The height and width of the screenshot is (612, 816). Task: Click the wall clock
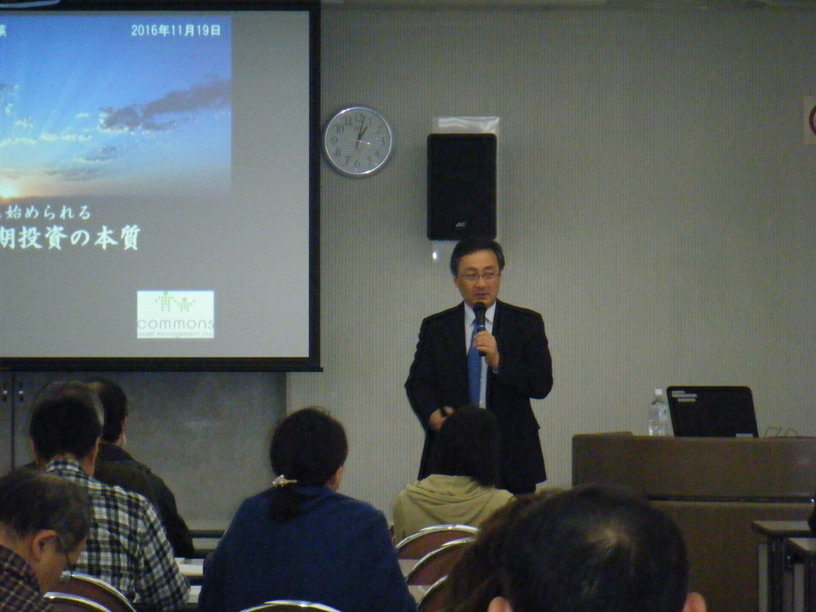click(x=357, y=142)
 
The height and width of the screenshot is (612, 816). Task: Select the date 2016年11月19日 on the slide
click(x=176, y=30)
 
